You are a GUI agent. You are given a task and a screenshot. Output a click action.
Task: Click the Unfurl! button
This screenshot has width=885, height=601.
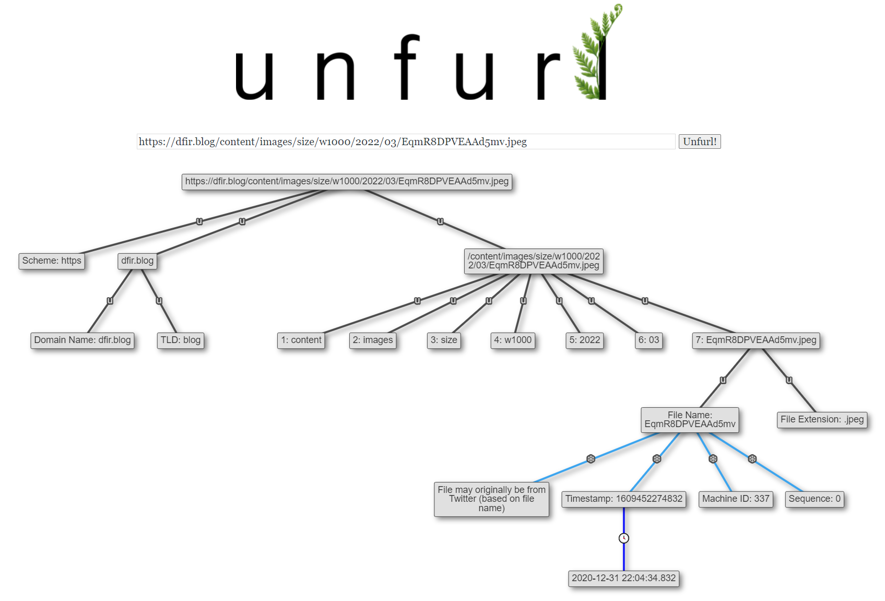point(700,142)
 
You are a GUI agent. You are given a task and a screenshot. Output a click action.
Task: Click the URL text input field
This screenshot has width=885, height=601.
point(406,142)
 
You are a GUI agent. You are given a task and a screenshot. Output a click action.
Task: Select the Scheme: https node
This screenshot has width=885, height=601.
point(52,261)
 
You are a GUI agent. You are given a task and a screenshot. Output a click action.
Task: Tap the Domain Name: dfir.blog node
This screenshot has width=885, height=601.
point(82,340)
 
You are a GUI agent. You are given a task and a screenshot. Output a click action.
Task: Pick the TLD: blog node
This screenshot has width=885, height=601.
point(181,340)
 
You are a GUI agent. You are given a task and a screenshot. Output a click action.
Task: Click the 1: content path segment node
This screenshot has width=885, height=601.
point(301,340)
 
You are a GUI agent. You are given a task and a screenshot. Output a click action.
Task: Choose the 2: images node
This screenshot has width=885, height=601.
point(373,340)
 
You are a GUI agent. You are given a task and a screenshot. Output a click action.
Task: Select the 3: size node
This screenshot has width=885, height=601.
point(444,340)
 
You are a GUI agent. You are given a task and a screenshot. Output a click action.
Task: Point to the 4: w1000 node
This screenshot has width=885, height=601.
point(513,340)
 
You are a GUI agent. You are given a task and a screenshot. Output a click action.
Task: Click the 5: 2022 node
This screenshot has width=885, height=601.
point(585,340)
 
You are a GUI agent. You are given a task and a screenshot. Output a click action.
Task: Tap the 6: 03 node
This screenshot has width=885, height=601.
point(648,340)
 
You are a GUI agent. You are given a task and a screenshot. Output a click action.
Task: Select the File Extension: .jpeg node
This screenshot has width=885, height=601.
point(822,420)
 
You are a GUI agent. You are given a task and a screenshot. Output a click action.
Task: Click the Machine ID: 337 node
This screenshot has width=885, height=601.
point(736,499)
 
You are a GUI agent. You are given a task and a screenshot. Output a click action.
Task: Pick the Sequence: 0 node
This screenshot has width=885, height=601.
point(815,499)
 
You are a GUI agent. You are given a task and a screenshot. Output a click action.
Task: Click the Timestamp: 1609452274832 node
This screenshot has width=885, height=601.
point(624,499)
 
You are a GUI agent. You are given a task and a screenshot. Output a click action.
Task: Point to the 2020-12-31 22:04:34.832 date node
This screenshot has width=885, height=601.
point(624,579)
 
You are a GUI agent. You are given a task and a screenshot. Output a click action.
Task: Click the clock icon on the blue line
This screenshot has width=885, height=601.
point(624,538)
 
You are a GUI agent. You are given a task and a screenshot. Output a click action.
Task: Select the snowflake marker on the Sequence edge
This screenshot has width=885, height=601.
point(752,459)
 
